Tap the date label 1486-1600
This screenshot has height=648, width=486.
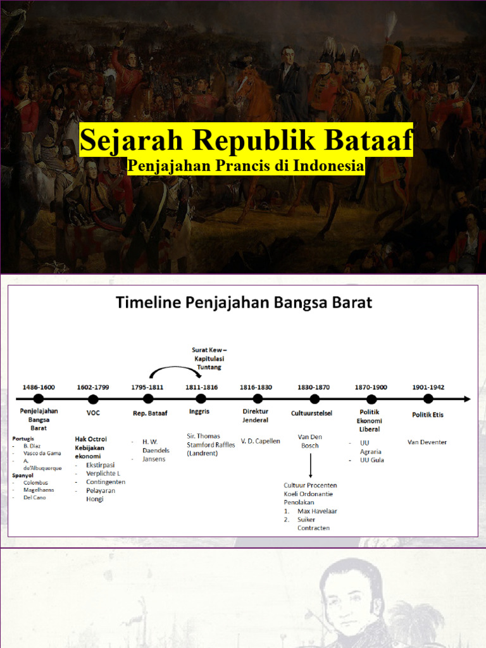click(39, 387)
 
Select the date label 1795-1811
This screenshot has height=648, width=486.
click(147, 387)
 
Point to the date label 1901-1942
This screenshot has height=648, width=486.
click(428, 387)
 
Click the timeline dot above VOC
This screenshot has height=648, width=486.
click(93, 399)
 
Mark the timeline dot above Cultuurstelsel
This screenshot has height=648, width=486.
click(315, 399)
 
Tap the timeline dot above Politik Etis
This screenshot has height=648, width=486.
click(428, 399)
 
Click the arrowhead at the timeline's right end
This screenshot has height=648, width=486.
click(467, 399)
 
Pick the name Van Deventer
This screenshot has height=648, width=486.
click(427, 442)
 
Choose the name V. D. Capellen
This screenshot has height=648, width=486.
click(260, 441)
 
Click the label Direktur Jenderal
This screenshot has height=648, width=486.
click(256, 416)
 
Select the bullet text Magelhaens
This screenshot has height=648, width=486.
click(37, 490)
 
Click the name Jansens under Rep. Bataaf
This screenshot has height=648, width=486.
click(154, 459)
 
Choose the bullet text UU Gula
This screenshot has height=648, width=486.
click(373, 460)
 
